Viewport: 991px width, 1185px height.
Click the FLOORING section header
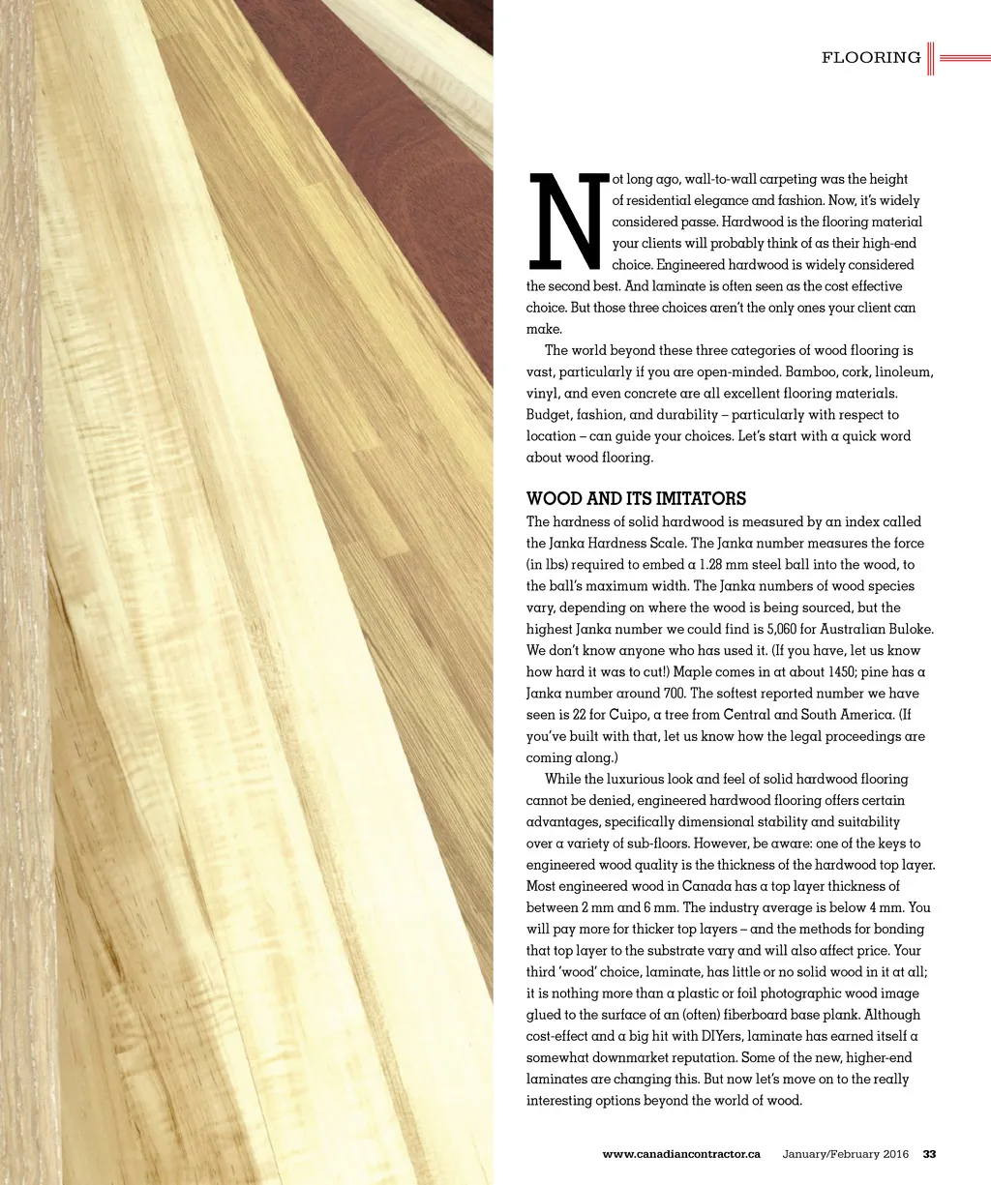(871, 58)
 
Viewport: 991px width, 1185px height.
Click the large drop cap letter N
(568, 222)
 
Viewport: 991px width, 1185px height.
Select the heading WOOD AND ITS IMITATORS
(636, 499)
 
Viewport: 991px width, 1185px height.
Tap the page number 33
(930, 1154)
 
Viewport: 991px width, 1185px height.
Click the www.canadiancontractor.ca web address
(681, 1154)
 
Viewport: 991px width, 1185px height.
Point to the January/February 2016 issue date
(846, 1154)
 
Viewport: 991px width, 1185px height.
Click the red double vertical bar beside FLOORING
(930, 58)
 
